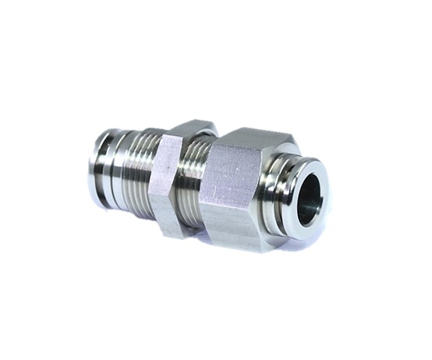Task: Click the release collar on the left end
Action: tap(101, 167)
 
